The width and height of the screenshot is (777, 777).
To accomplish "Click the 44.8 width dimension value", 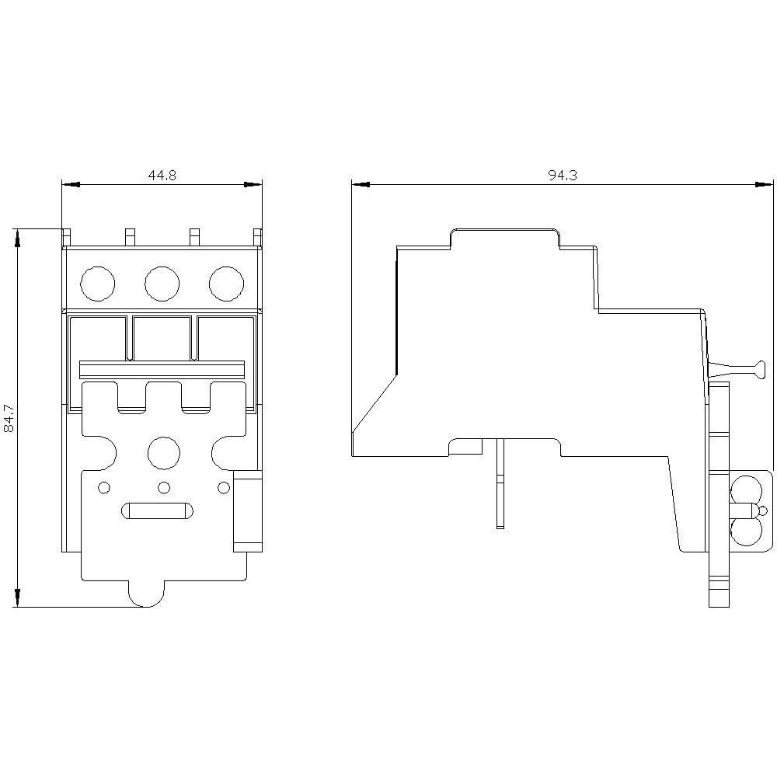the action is [x=162, y=175].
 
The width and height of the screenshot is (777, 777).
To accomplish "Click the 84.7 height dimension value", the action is [x=9, y=418].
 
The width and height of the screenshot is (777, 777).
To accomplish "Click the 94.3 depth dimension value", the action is [x=563, y=175].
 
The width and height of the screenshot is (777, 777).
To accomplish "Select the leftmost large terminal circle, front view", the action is [x=98, y=284].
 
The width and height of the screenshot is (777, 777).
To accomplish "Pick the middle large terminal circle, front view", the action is [x=162, y=284].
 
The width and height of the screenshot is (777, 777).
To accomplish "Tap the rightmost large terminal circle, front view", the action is [x=226, y=284].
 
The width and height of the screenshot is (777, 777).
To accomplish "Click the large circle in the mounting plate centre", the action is [x=164, y=453].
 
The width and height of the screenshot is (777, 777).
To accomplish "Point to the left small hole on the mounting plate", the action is [x=104, y=488].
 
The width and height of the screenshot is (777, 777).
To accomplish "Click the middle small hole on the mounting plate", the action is [x=164, y=488].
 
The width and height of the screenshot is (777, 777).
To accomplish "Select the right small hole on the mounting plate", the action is [x=224, y=488].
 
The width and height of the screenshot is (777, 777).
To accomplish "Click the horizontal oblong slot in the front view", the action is [x=157, y=511].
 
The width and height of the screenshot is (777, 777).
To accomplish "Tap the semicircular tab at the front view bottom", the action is [x=146, y=594].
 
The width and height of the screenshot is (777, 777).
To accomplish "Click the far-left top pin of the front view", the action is [x=67, y=237].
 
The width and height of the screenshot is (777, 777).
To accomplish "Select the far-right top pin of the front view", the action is [x=258, y=237].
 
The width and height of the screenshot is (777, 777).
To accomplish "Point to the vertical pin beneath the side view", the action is [x=500, y=483].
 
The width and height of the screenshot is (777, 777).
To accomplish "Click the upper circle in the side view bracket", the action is [x=746, y=490].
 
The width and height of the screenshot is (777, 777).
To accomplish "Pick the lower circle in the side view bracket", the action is [x=746, y=531].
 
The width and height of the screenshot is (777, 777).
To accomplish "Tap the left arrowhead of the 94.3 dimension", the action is [x=361, y=184].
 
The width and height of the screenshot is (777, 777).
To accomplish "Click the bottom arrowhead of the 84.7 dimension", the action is [x=18, y=598].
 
